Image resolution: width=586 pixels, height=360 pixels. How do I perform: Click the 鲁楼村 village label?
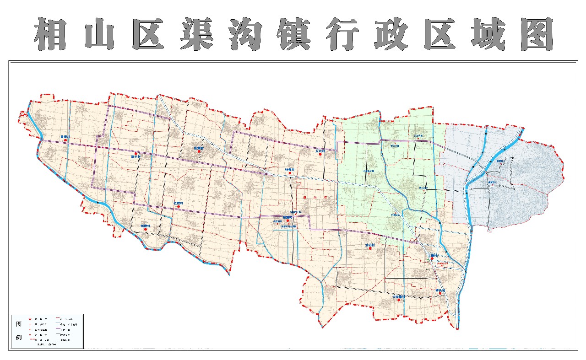(65, 137)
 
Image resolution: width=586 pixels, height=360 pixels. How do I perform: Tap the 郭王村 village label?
(136, 156)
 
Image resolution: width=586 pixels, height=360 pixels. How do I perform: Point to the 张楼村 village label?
(179, 203)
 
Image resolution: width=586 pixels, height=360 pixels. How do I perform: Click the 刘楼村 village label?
(146, 226)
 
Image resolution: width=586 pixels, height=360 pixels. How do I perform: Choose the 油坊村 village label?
(370, 245)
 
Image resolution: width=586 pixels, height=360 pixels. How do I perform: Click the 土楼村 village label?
(433, 255)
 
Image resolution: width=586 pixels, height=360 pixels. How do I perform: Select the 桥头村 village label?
(440, 290)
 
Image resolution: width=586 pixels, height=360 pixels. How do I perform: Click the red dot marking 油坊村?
(370, 249)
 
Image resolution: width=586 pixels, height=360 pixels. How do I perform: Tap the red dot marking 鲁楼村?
(65, 140)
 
